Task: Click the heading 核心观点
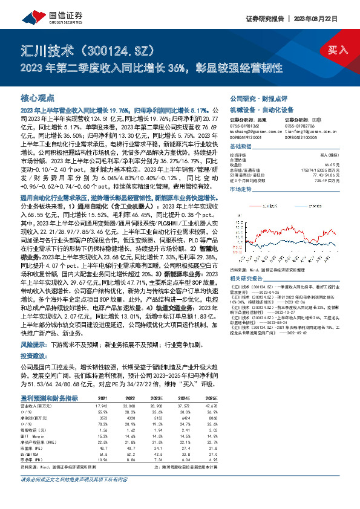[x=38, y=98]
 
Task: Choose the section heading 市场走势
[x=241, y=189]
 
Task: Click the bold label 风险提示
[x=34, y=360]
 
